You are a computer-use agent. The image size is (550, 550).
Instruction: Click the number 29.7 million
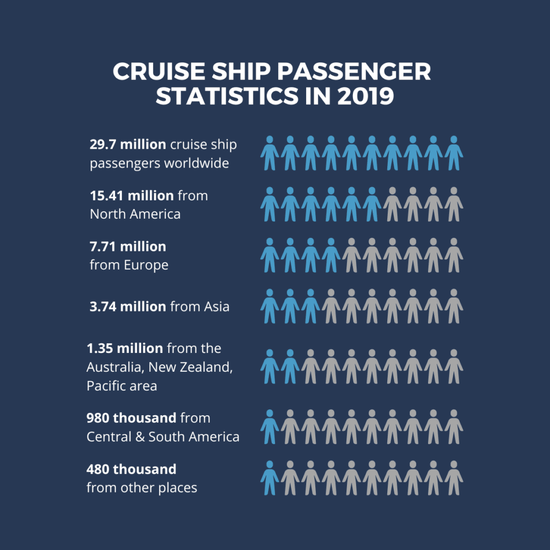point(128,144)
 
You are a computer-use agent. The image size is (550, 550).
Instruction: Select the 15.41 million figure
point(132,196)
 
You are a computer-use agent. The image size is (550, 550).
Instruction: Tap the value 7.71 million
point(128,247)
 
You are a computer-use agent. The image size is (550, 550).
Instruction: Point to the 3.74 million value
point(128,306)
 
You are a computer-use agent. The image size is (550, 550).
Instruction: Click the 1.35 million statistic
point(125,348)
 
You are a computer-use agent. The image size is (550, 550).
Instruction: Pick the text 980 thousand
point(132,417)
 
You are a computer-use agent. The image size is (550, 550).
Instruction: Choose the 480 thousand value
point(131,469)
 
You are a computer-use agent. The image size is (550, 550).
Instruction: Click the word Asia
point(216,307)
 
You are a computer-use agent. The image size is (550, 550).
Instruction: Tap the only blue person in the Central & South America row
point(270,426)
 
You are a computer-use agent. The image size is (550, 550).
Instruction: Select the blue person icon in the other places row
point(270,477)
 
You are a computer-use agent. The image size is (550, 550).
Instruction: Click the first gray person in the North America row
point(392,204)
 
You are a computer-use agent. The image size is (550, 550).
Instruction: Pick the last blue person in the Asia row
point(310,306)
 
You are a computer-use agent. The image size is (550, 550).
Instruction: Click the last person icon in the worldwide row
point(454,153)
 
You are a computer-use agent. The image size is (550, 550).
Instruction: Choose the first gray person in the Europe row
point(351,255)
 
